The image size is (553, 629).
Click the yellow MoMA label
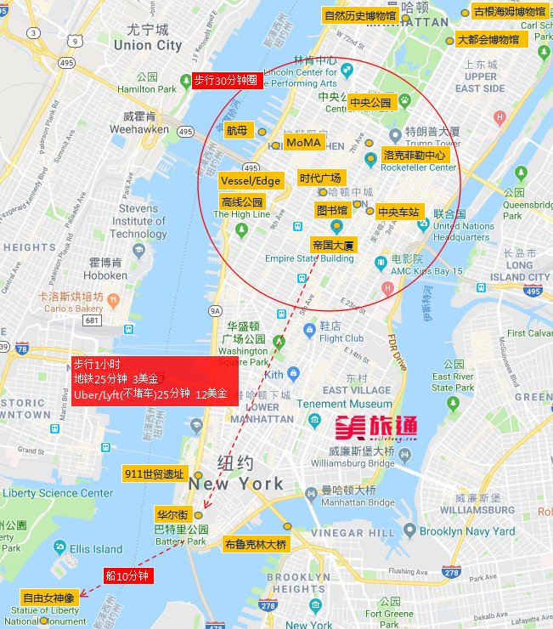(x=303, y=142)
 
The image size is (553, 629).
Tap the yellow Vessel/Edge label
(x=250, y=181)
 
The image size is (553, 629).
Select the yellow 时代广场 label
(x=320, y=178)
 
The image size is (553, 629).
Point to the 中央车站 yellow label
(x=398, y=212)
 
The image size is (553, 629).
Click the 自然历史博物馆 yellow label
(x=360, y=15)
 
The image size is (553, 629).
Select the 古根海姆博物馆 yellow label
(x=510, y=12)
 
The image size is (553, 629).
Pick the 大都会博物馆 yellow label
(x=488, y=39)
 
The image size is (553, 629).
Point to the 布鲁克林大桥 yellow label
(x=256, y=543)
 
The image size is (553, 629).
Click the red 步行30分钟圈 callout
(x=224, y=81)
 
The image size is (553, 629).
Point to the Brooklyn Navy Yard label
(x=467, y=531)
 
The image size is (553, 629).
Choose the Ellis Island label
(x=96, y=548)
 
